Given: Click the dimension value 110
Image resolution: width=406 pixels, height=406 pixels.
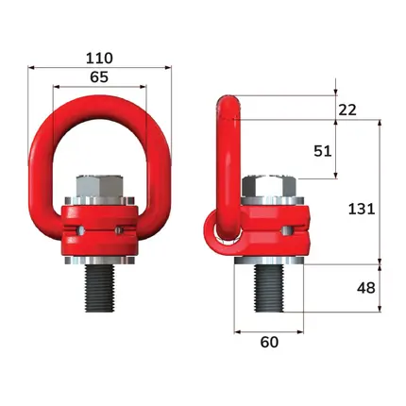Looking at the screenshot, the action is [x=99, y=58].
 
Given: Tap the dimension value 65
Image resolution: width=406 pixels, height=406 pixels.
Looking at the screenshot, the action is [x=99, y=76].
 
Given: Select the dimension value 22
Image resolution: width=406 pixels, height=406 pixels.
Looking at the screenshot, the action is [x=347, y=110].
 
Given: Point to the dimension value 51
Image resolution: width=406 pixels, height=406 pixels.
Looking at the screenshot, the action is [x=323, y=151].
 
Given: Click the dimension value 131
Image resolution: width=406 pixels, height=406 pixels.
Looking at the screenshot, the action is [x=362, y=209].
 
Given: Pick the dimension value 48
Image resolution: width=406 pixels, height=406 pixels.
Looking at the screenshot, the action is [x=366, y=288].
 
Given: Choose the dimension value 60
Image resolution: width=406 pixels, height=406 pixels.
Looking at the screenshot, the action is [x=269, y=342].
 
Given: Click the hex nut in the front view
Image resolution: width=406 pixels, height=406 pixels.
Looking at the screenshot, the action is [x=100, y=187].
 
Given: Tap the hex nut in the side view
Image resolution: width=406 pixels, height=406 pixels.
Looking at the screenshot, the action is [x=269, y=187].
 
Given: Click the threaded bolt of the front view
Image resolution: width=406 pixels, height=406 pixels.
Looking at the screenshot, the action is [x=100, y=288].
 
